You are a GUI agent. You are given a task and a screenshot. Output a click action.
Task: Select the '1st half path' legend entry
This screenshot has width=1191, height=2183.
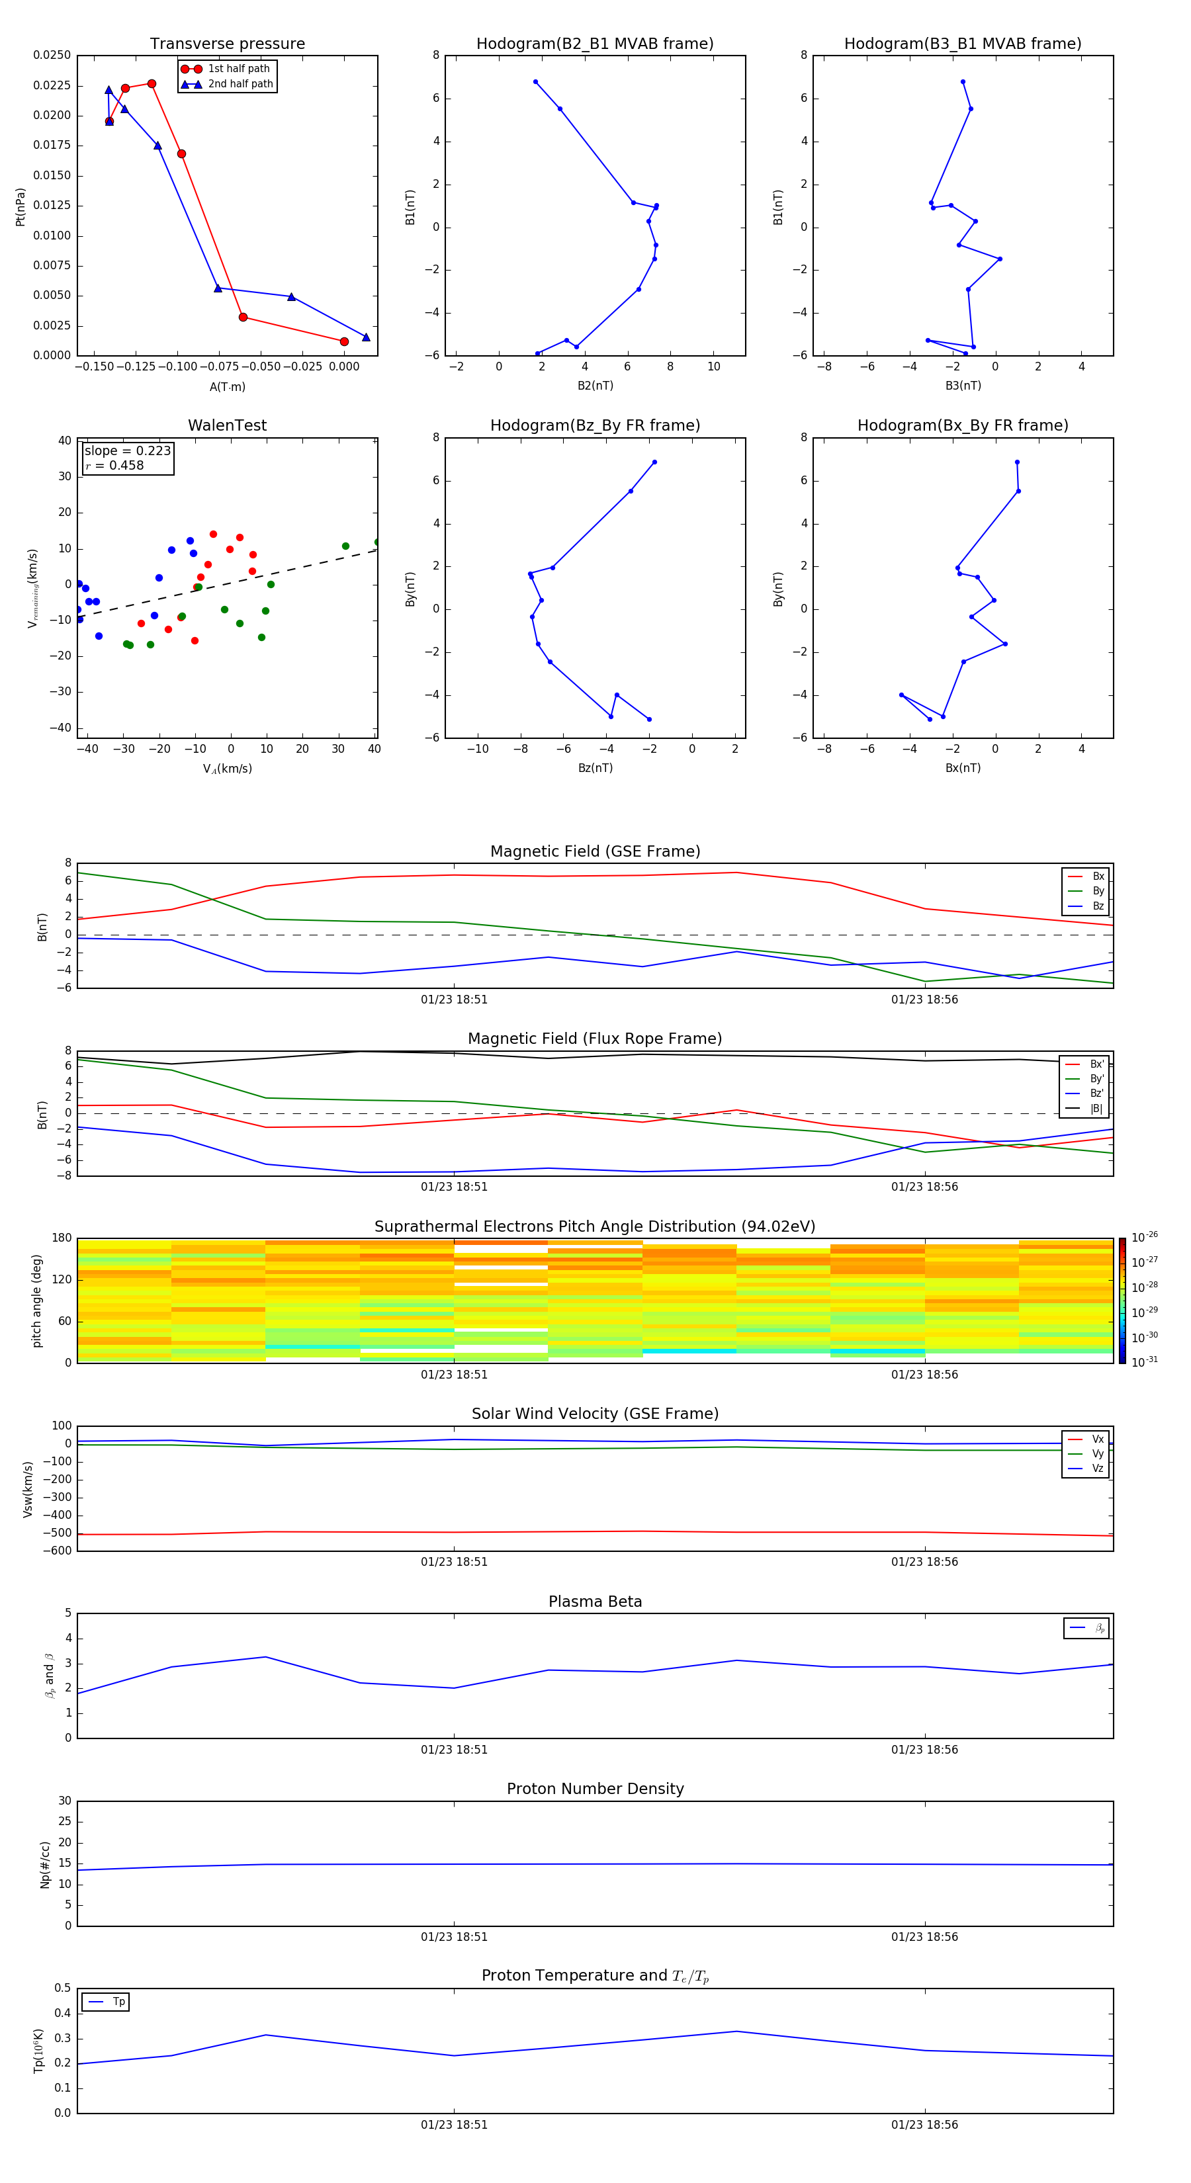click(x=238, y=69)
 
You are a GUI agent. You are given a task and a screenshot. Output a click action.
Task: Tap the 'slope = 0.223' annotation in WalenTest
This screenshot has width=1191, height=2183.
click(x=127, y=451)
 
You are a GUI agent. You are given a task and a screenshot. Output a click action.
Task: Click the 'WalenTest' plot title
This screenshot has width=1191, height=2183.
click(x=227, y=425)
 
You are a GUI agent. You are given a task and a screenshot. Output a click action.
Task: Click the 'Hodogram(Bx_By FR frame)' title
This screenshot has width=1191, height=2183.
click(x=962, y=425)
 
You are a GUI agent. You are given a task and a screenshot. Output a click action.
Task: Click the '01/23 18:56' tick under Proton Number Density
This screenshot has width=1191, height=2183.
click(x=924, y=1936)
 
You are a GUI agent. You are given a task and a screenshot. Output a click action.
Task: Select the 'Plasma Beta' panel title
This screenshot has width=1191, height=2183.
click(x=595, y=1602)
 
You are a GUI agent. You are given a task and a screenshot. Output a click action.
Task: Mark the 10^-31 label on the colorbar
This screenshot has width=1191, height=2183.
click(x=1145, y=1362)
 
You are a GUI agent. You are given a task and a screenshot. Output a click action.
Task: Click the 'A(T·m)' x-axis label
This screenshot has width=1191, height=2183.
click(x=227, y=387)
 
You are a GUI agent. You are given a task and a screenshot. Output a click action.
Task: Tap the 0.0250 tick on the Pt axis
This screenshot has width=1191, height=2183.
click(x=52, y=55)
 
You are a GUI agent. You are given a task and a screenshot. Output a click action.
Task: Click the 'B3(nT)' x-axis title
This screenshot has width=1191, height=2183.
click(x=963, y=386)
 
